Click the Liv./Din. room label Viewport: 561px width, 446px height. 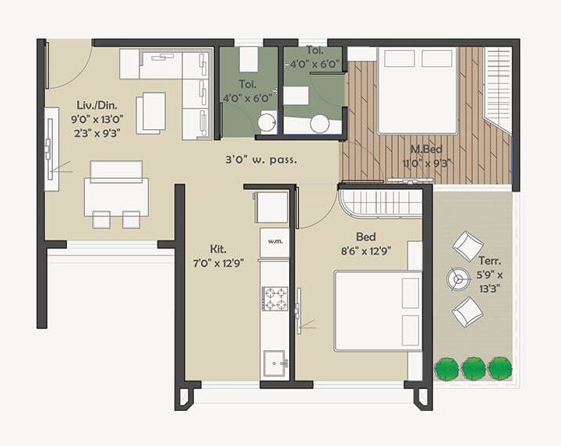pyautogui.click(x=97, y=105)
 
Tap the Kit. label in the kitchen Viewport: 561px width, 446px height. pyautogui.click(x=218, y=249)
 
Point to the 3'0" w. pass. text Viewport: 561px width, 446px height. pyautogui.click(x=261, y=160)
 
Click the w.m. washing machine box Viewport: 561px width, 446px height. pyautogui.click(x=275, y=242)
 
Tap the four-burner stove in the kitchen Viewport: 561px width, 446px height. pyautogui.click(x=275, y=298)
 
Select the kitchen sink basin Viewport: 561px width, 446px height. pyautogui.click(x=275, y=363)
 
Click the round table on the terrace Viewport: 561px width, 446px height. pyautogui.click(x=457, y=279)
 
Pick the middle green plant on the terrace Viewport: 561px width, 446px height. pyautogui.click(x=474, y=369)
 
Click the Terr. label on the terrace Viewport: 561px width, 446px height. pyautogui.click(x=490, y=262)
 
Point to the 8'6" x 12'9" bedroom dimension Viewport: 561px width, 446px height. pyautogui.click(x=365, y=251)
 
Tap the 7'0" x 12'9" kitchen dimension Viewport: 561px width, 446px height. pyautogui.click(x=218, y=263)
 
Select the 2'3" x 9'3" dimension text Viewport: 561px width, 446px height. pyautogui.click(x=97, y=133)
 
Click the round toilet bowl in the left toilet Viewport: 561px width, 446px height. pyautogui.click(x=267, y=121)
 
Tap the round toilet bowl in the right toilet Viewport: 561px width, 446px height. pyautogui.click(x=319, y=124)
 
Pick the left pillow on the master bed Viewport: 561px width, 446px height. pyautogui.click(x=399, y=58)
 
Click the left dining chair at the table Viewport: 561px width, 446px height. pyautogui.click(x=101, y=219)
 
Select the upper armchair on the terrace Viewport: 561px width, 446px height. pyautogui.click(x=468, y=246)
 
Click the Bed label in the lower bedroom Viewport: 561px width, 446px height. pyautogui.click(x=366, y=237)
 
